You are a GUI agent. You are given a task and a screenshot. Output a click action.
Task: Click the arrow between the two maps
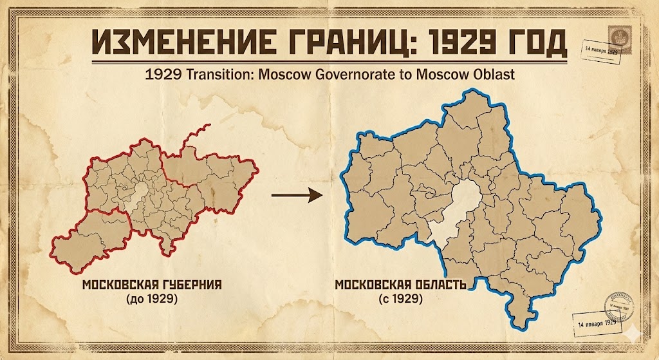pos(296,194)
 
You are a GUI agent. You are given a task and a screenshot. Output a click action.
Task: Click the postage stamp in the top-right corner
pos(614,33)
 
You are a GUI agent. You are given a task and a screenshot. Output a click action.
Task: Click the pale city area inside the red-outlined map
pos(140,192)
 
